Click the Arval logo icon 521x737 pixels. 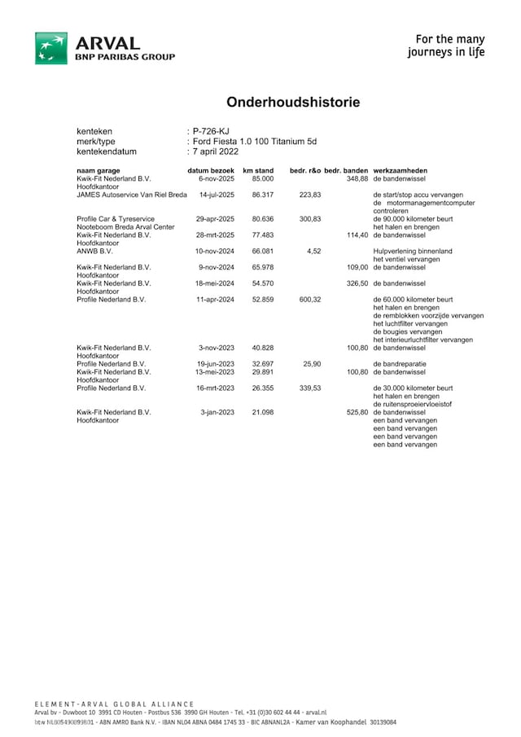tap(50, 48)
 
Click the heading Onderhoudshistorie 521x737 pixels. tap(293, 103)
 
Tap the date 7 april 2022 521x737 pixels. tap(216, 151)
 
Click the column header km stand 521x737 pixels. tap(258, 170)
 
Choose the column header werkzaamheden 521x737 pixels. tap(401, 170)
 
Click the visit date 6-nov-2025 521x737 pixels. tap(217, 178)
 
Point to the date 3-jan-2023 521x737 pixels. tap(217, 413)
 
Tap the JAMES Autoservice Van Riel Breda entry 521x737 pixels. tap(132, 195)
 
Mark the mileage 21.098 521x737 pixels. tap(262, 413)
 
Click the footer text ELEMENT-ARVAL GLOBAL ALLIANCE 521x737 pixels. tap(115, 704)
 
